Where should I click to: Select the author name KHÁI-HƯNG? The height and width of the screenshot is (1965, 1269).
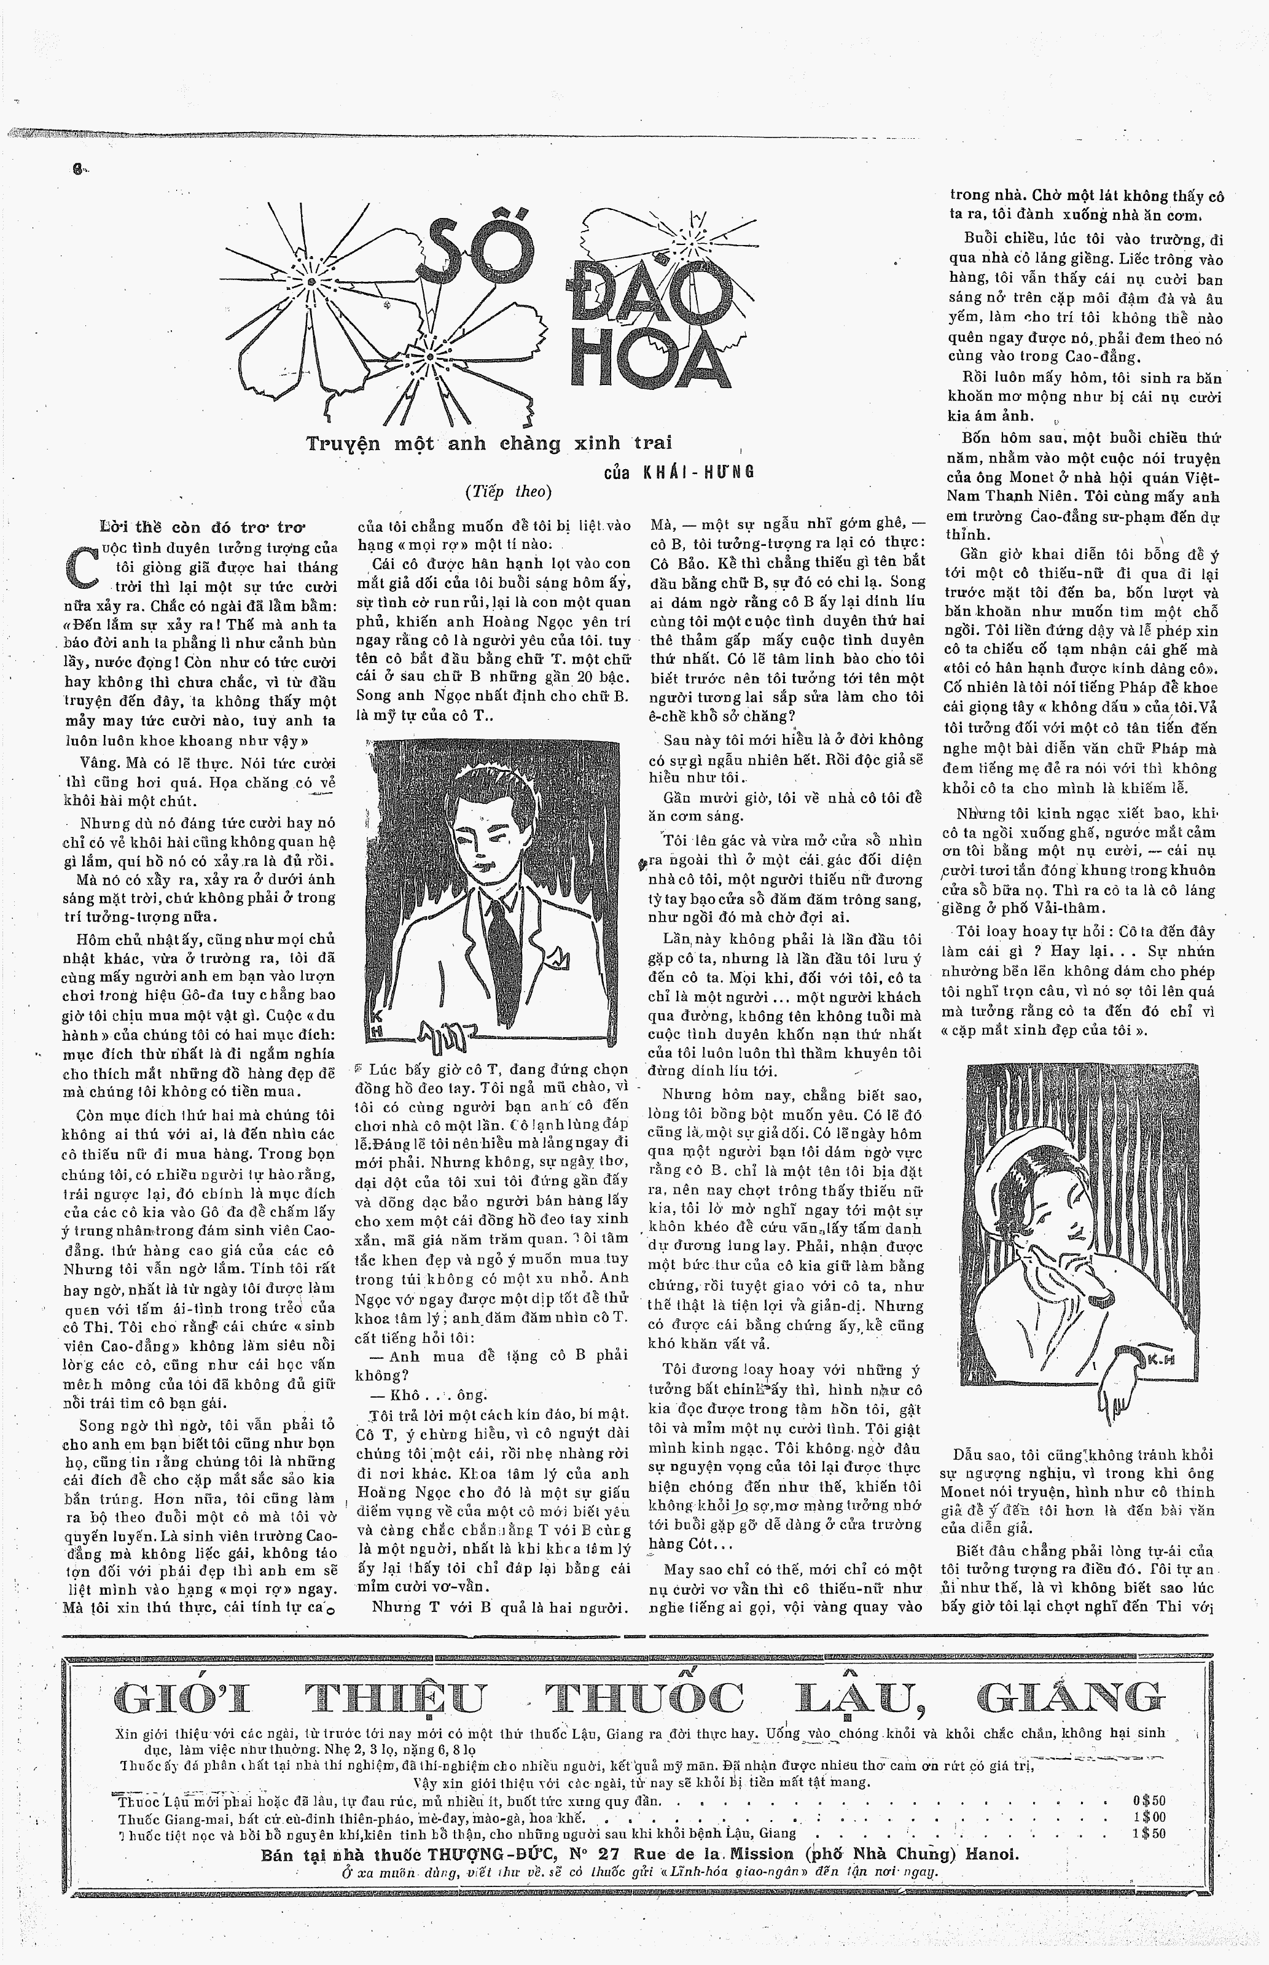click(700, 472)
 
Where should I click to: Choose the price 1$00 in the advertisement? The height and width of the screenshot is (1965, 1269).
click(1149, 1817)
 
